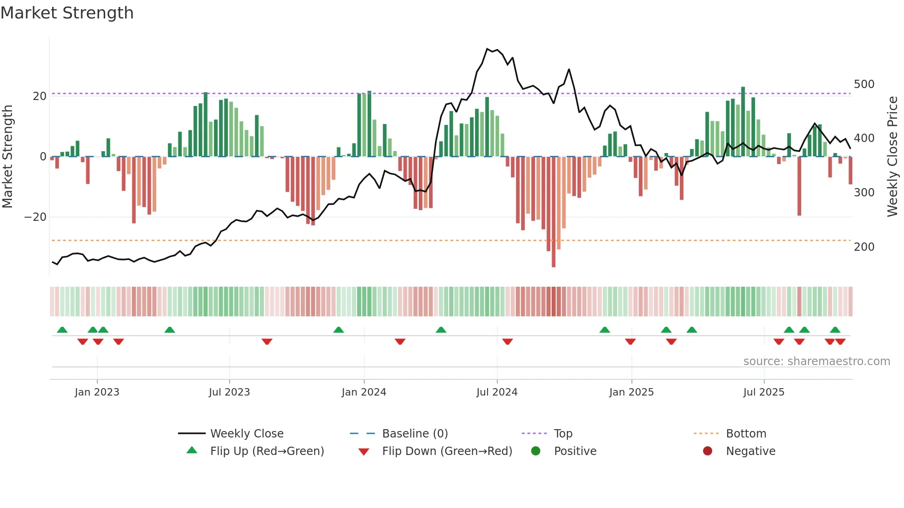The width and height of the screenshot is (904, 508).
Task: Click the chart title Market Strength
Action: point(67,13)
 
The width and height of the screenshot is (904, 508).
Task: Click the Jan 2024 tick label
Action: point(363,392)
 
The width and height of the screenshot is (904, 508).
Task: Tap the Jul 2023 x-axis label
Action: point(229,392)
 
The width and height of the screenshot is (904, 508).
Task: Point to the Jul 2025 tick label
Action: point(763,392)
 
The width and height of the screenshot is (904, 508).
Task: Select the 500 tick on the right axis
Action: point(864,84)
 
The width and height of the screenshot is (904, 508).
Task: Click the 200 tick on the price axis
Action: point(864,247)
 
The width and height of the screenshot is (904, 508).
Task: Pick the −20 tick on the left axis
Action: point(36,217)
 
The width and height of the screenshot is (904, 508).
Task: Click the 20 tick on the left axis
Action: point(40,96)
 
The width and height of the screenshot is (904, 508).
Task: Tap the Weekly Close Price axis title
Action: point(892,157)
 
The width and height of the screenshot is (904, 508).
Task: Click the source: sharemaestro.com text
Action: point(816,361)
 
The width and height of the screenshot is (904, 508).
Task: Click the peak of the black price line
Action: point(487,49)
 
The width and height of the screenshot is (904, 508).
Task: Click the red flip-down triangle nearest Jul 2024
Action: point(507,342)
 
